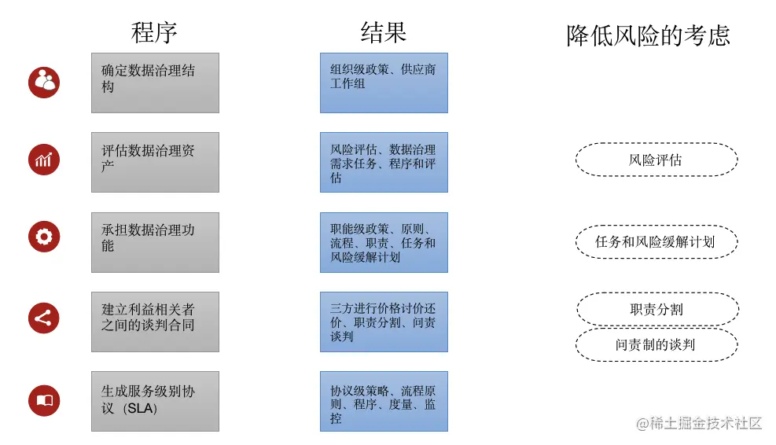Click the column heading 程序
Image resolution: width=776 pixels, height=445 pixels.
coord(154,32)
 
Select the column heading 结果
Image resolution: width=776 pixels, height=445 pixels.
coord(383,32)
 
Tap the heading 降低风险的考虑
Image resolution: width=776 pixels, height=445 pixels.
coord(648,35)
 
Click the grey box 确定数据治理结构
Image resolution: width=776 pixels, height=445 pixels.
coord(155,83)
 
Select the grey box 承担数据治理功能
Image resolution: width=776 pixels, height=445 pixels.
coord(155,242)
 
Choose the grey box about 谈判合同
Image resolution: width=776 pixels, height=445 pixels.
coord(155,322)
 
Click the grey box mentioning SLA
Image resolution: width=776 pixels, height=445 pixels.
coord(155,401)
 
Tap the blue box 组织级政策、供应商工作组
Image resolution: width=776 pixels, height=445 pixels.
coord(384,83)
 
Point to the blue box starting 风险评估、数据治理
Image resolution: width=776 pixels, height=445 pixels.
coord(384,163)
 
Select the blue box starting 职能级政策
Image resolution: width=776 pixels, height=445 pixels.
coord(384,242)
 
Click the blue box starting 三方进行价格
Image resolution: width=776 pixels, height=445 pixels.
coord(384,322)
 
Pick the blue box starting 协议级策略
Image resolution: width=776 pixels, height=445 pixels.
coord(384,401)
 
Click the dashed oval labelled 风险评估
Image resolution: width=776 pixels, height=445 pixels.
coord(656,160)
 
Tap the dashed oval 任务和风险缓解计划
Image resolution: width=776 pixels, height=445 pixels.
coord(656,241)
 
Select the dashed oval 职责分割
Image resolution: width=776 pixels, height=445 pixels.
coord(656,309)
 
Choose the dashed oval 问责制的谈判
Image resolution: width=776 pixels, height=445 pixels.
coord(656,344)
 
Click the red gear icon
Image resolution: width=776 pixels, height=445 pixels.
coord(44,237)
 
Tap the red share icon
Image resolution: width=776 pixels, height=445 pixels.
coord(44,318)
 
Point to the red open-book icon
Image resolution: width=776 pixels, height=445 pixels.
coord(44,400)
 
